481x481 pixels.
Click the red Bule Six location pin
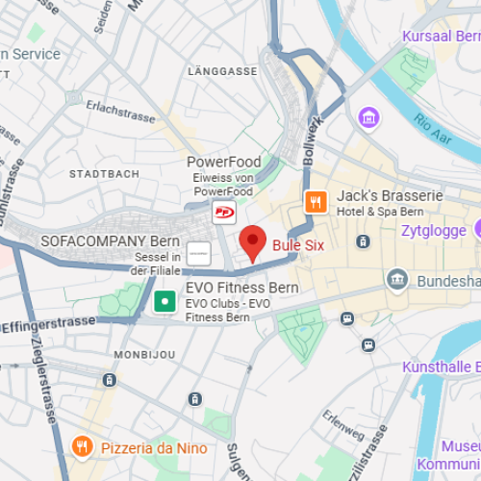pyautogui.click(x=252, y=243)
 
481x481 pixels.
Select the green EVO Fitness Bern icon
pyautogui.click(x=165, y=302)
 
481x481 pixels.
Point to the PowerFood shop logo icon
pyautogui.click(x=223, y=213)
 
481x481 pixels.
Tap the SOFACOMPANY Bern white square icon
pyautogui.click(x=199, y=254)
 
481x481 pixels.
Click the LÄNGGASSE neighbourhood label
pyautogui.click(x=223, y=72)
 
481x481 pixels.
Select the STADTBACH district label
pyautogui.click(x=104, y=174)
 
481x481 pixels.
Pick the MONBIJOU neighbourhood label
pyautogui.click(x=143, y=354)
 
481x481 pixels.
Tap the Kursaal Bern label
pyautogui.click(x=442, y=37)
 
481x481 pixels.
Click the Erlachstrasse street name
pyautogui.click(x=120, y=112)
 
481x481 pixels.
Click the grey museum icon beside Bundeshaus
pyautogui.click(x=396, y=280)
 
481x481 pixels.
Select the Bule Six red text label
pyautogui.click(x=298, y=245)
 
